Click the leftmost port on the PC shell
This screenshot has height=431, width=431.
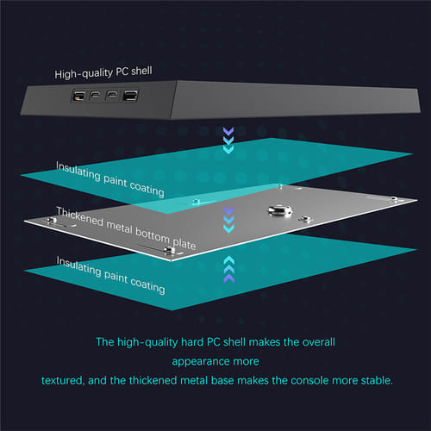click(78, 96)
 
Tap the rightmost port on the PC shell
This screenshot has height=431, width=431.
click(130, 95)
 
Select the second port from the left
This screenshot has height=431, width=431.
click(95, 95)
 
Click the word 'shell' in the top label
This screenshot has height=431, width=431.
click(141, 71)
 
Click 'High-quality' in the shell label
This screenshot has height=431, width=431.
click(84, 73)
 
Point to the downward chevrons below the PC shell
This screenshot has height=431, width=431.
click(228, 141)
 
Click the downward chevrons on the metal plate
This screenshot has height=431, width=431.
click(228, 220)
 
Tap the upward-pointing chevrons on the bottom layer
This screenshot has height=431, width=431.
click(228, 269)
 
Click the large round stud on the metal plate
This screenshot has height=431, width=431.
click(279, 210)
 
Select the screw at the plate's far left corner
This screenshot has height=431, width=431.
click(52, 220)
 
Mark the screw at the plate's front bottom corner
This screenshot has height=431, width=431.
click(169, 251)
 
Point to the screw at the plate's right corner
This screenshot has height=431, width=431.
click(394, 199)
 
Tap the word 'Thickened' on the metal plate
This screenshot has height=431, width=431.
click(79, 216)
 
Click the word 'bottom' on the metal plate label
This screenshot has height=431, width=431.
click(153, 235)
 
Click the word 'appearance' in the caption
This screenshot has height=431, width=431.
click(199, 361)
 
